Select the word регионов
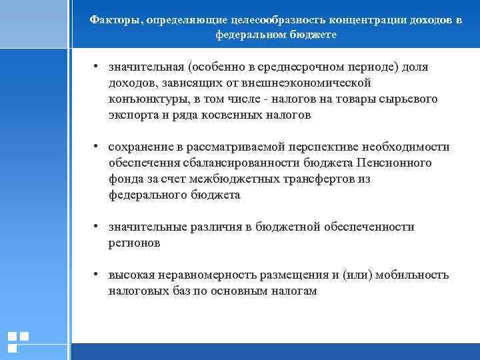pos(135,243)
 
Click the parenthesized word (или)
pos(360,275)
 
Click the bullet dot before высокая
pos(97,275)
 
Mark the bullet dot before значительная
pos(97,67)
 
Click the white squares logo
pos(18,341)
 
